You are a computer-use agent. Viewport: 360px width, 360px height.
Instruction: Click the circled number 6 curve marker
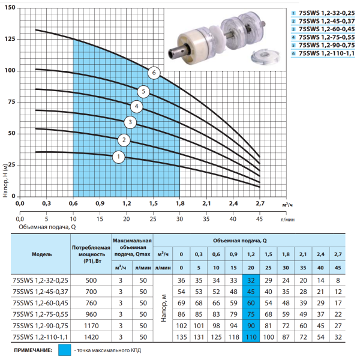(x=154, y=73)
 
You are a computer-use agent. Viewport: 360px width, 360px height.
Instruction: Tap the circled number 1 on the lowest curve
(x=118, y=157)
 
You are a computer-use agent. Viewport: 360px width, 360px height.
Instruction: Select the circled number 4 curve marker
(x=137, y=107)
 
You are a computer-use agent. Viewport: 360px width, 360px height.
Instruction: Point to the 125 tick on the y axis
(x=10, y=39)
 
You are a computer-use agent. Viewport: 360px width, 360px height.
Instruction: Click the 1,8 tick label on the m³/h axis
(x=180, y=203)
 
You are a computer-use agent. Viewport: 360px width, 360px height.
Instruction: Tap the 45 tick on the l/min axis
(x=259, y=219)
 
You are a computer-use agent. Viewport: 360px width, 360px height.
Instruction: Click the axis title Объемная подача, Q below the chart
(x=47, y=227)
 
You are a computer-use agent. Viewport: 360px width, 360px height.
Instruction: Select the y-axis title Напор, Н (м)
(x=5, y=180)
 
